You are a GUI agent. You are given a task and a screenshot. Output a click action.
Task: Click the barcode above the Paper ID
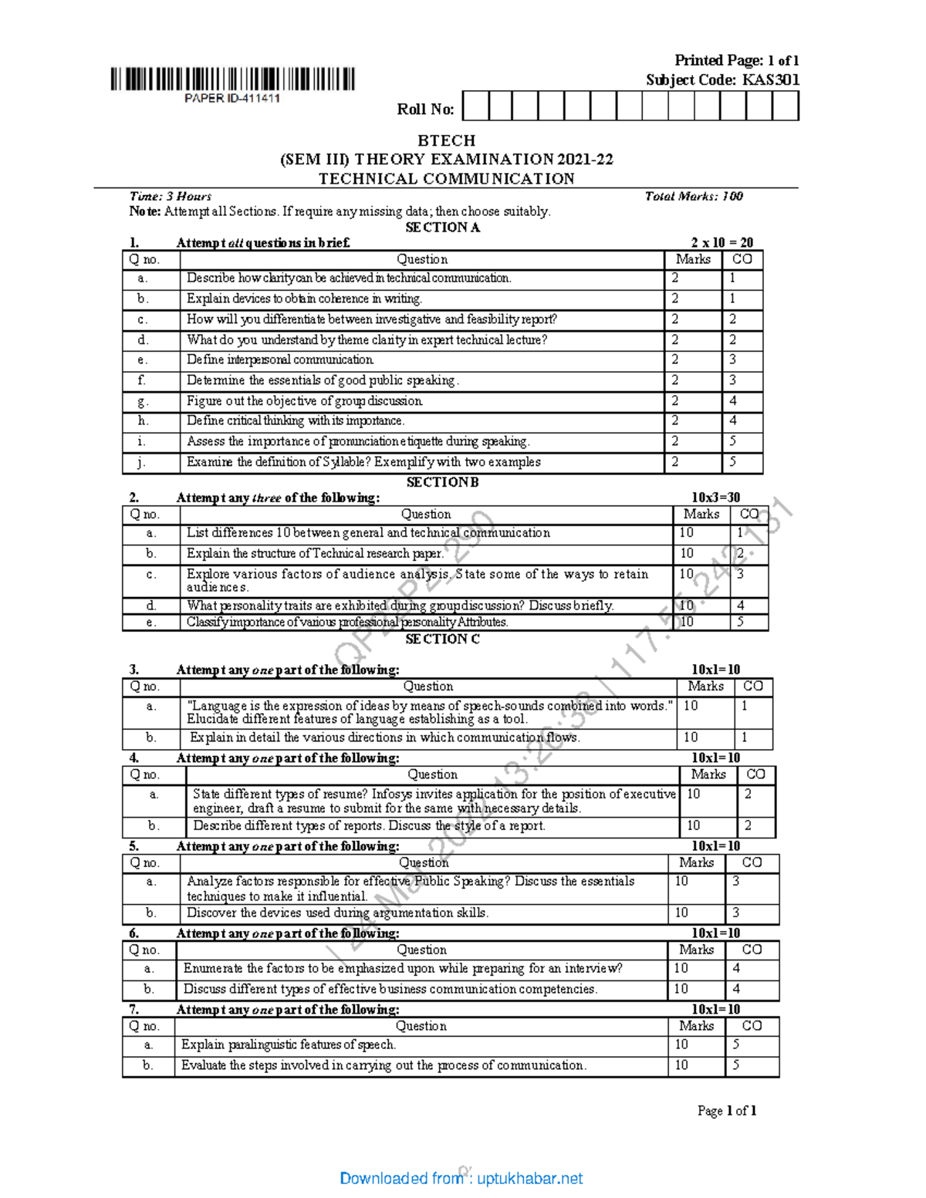click(232, 79)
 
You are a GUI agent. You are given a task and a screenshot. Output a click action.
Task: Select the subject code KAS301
click(770, 79)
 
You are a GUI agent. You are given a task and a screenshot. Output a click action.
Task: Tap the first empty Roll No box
click(475, 106)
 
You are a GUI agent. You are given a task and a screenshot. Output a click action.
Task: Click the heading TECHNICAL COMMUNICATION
click(446, 178)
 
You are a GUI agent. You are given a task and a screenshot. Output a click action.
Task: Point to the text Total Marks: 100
click(693, 196)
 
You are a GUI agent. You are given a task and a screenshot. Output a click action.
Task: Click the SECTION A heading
click(442, 227)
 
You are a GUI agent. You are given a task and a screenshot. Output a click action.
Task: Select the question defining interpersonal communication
click(280, 359)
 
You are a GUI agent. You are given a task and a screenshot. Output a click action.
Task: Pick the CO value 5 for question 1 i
click(732, 441)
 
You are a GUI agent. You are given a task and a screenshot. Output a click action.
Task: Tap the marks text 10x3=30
click(715, 498)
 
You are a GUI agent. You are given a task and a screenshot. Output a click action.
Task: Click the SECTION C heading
click(442, 639)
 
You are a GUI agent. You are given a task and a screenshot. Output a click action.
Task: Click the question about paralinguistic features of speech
click(289, 1044)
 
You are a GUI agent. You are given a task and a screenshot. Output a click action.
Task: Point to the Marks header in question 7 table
click(696, 1026)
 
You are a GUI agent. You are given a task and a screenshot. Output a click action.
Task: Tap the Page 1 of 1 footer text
click(726, 1111)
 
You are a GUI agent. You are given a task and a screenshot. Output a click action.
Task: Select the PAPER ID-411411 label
click(232, 98)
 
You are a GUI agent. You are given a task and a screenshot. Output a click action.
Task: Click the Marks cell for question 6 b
click(681, 989)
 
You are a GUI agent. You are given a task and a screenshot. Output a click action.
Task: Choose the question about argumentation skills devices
click(337, 913)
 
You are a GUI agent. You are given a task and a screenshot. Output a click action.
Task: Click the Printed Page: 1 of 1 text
click(736, 60)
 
